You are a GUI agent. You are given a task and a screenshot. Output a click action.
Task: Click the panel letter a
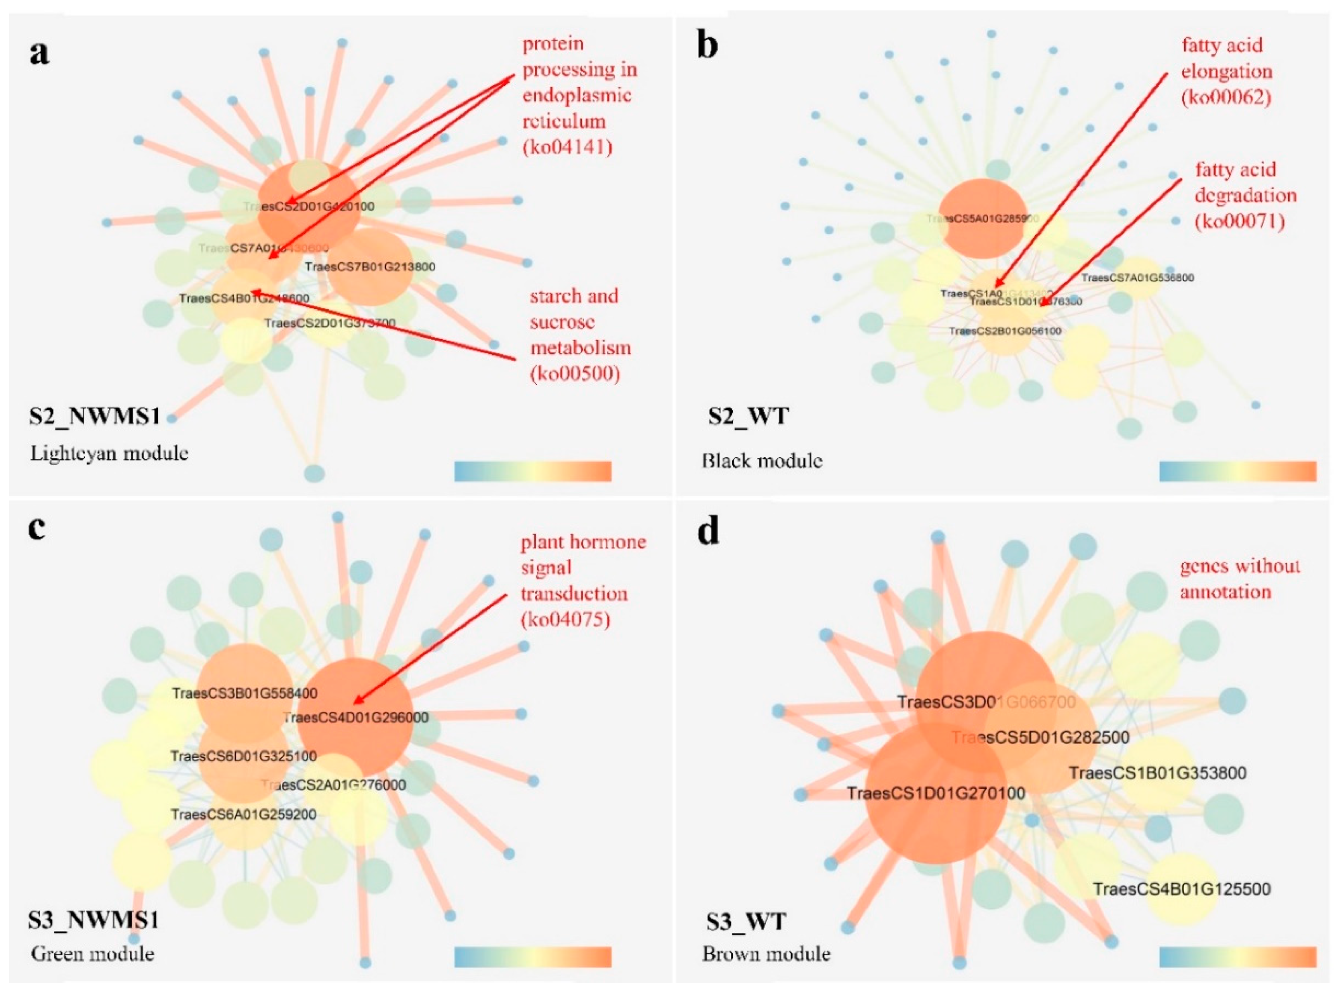(40, 53)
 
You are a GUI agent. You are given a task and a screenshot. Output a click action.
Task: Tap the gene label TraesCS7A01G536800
(1137, 278)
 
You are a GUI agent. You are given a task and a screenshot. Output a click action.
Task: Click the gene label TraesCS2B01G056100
(1005, 331)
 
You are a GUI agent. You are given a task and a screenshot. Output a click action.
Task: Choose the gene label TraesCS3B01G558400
(245, 693)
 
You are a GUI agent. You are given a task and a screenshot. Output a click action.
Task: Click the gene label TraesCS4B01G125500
(1181, 889)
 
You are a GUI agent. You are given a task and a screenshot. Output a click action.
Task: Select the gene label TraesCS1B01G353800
(1157, 773)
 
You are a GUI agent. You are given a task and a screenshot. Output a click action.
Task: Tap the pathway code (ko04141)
(567, 147)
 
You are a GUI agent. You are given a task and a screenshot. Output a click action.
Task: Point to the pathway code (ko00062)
(1226, 98)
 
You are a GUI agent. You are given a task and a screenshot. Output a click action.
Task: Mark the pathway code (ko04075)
(565, 619)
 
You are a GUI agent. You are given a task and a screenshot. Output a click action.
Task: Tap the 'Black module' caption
(762, 461)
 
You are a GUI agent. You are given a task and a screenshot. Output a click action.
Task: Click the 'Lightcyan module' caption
(109, 453)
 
